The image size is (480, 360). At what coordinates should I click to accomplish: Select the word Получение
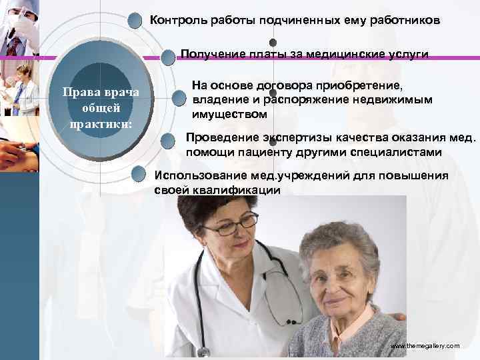tap(208, 54)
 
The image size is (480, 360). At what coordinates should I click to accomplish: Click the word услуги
tap(409, 54)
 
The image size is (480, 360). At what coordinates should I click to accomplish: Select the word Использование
tap(195, 176)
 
